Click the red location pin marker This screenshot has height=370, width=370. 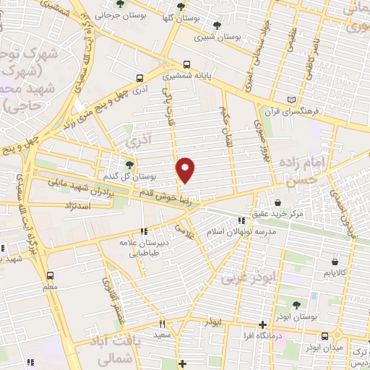pyautogui.click(x=186, y=170)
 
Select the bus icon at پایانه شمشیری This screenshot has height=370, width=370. pyautogui.click(x=187, y=63)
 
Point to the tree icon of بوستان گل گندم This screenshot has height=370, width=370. pyautogui.click(x=130, y=165)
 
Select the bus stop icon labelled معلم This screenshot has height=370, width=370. pyautogui.click(x=50, y=275)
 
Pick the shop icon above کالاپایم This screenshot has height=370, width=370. pyautogui.click(x=333, y=262)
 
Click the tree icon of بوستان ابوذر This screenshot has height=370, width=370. pyautogui.click(x=298, y=307)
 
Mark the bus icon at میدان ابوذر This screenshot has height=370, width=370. pyautogui.click(x=324, y=336)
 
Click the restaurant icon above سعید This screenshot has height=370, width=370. pyautogui.click(x=162, y=324)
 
